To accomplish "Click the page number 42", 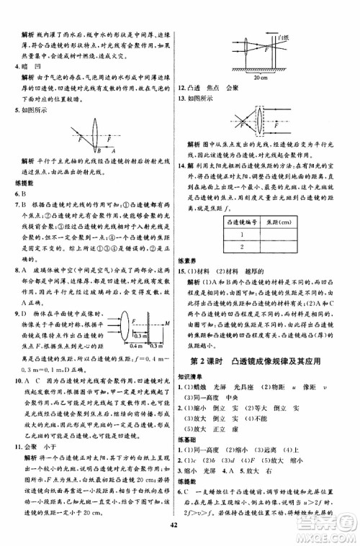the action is tap(180, 533).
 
